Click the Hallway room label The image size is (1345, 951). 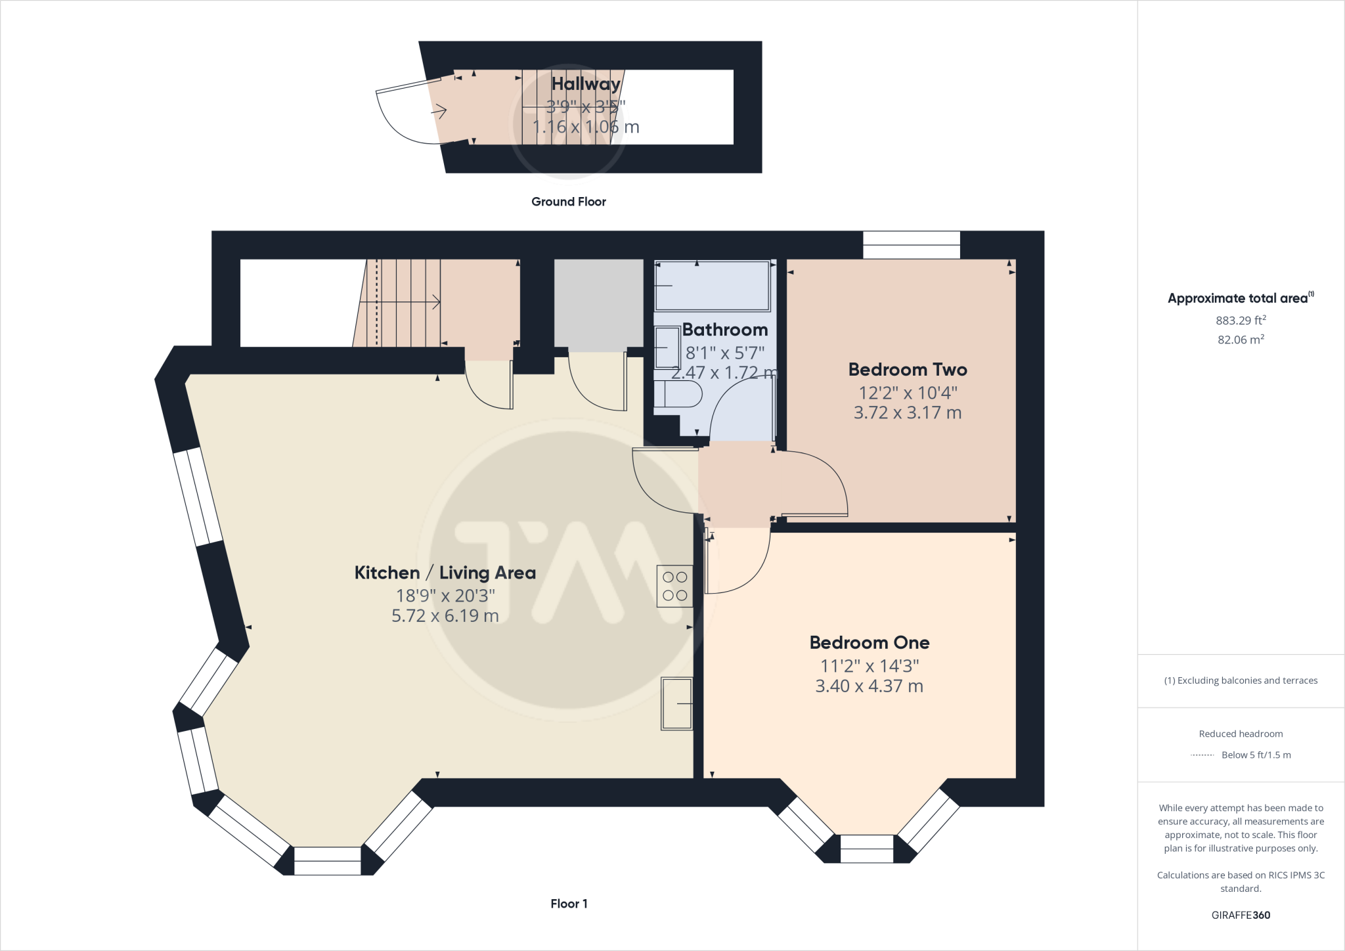[x=586, y=84]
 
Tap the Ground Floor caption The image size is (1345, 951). [x=568, y=202]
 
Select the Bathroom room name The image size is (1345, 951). [x=724, y=330]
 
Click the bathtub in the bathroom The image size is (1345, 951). [x=713, y=286]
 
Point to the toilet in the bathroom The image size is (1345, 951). [x=680, y=395]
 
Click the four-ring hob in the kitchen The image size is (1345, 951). [x=674, y=586]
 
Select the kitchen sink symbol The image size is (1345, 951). [x=677, y=703]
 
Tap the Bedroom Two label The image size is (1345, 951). [x=908, y=370]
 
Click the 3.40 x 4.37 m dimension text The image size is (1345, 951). [x=869, y=686]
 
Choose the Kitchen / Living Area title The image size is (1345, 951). [x=445, y=573]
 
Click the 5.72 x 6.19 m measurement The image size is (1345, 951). [x=445, y=616]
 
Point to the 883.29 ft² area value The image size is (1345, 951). [x=1241, y=321]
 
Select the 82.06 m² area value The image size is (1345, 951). [x=1241, y=340]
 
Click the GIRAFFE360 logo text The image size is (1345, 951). [x=1241, y=915]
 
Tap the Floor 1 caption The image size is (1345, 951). [x=569, y=904]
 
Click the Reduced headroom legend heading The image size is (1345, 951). [x=1241, y=734]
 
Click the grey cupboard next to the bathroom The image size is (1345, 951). [x=598, y=303]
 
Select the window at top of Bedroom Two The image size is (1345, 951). [x=911, y=245]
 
